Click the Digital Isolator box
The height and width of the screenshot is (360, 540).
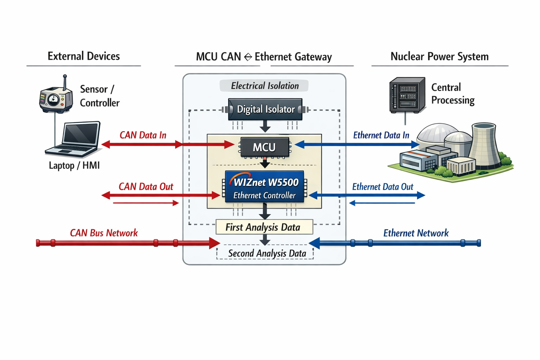pos(265,109)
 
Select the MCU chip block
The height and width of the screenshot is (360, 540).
pos(265,147)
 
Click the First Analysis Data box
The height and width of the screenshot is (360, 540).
pos(264,227)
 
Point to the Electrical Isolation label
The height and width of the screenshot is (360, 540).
pos(264,86)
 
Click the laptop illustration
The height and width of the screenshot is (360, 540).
pos(74,139)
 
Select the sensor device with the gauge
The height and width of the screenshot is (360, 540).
pos(56,99)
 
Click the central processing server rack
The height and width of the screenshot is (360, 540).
pos(407,95)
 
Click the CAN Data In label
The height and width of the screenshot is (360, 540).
pos(143,135)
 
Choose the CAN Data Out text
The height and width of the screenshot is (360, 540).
pos(146,187)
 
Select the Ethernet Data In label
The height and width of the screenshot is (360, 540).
pos(381,135)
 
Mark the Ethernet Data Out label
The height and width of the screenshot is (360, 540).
pos(382,187)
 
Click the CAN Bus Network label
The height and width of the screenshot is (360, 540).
pos(104,233)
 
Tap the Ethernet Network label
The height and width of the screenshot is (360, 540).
pos(416,233)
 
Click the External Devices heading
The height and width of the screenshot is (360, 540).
pos(84,56)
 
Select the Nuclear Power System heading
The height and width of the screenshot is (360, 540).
pos(439,57)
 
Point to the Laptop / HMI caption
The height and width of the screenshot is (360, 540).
pos(74,166)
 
